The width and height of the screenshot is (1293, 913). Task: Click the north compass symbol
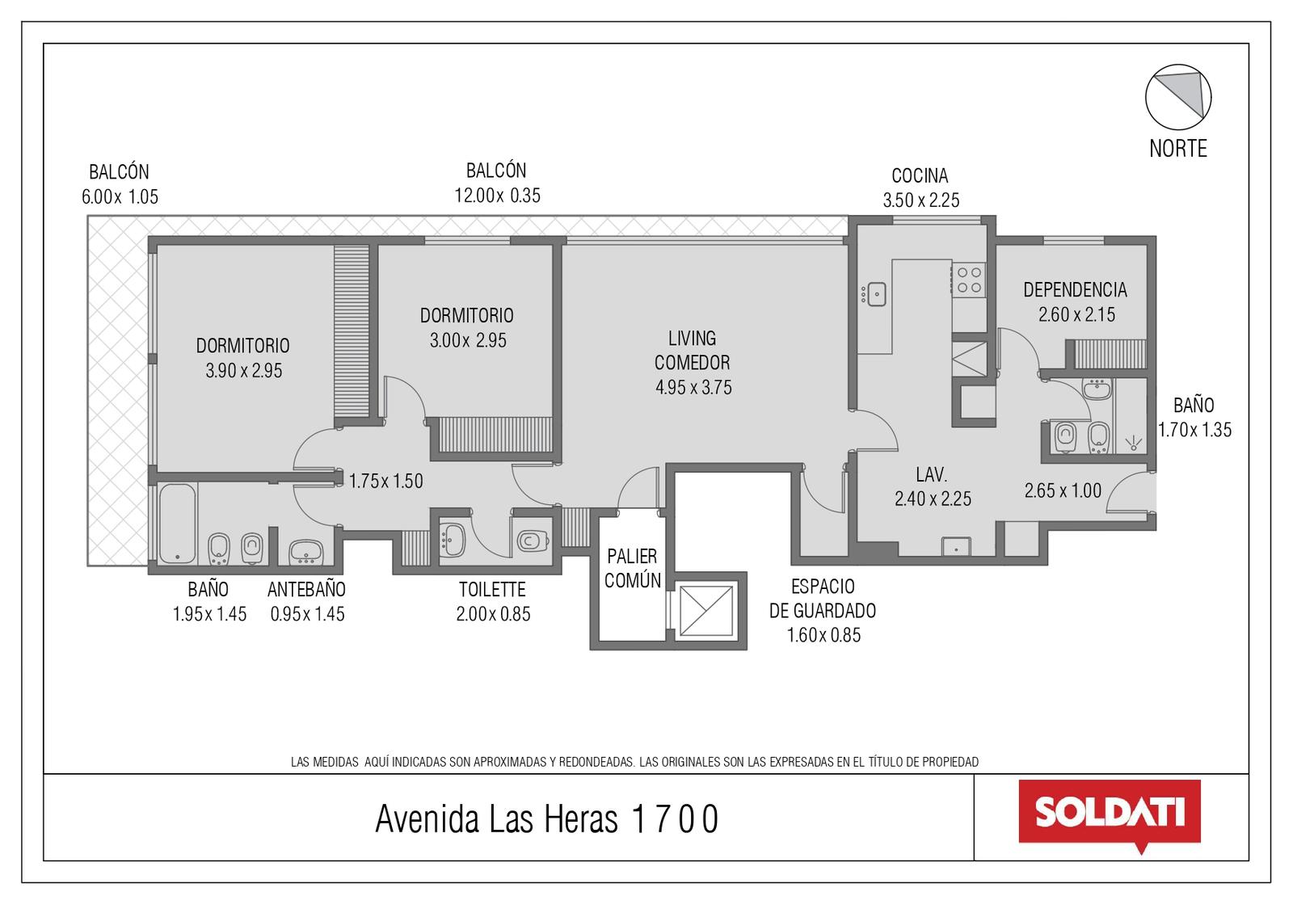1178,97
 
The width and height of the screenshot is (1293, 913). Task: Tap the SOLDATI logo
1110,814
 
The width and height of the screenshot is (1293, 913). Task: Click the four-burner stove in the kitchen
969,280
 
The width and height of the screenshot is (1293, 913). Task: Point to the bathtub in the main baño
177,524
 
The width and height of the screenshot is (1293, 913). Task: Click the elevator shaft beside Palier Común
706,611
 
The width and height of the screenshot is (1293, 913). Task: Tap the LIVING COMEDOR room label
692,351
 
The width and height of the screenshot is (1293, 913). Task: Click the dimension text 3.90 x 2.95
243,371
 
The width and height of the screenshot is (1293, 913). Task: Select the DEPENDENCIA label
1075,290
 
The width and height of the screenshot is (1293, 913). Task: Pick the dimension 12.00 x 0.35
497,196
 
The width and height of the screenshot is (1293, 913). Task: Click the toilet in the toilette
533,541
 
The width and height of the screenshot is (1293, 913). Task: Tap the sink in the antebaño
305,551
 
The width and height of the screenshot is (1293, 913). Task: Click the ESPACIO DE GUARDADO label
823,599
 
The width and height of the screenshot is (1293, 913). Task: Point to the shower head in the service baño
1133,444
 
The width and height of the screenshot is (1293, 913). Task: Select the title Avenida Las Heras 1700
546,818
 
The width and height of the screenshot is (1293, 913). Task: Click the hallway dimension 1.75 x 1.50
385,481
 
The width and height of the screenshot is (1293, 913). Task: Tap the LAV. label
931,474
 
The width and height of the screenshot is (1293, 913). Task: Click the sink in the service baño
1097,389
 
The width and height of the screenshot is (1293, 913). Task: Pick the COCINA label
920,175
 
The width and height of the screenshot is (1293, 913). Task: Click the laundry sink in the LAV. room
956,546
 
